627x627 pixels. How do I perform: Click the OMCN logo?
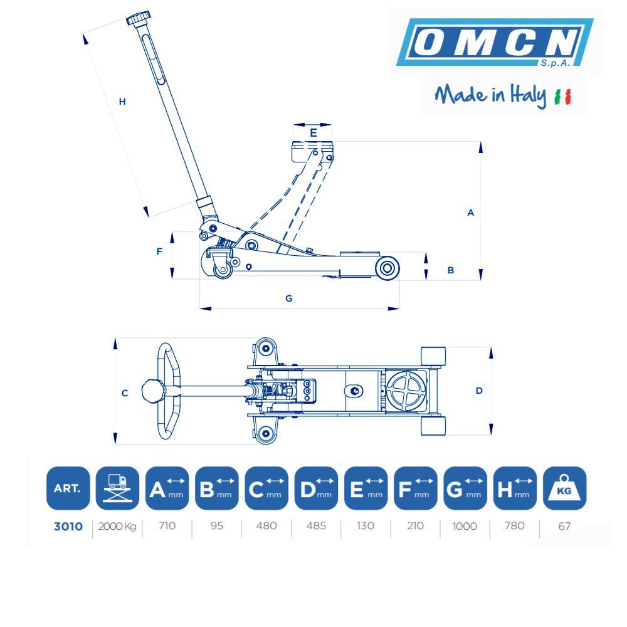click(x=495, y=42)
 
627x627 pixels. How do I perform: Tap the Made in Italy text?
click(x=490, y=95)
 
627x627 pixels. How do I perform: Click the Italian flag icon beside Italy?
click(x=562, y=97)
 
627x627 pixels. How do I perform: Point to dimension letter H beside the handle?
click(x=122, y=102)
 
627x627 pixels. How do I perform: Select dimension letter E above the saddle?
click(x=313, y=133)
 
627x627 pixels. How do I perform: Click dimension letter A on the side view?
click(x=471, y=213)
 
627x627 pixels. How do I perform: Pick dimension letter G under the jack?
click(x=288, y=298)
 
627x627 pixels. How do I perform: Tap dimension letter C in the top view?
click(x=125, y=394)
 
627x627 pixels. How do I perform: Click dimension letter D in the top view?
click(x=479, y=391)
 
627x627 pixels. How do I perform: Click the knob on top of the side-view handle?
click(x=139, y=18)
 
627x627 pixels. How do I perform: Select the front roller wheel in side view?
click(x=387, y=268)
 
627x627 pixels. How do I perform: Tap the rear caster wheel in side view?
click(x=223, y=268)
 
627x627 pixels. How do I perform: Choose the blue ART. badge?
click(x=68, y=488)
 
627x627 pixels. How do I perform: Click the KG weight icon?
click(x=565, y=488)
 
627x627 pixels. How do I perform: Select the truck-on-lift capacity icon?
click(x=118, y=488)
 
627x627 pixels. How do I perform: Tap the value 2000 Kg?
click(x=117, y=526)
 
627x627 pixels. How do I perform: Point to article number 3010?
click(x=68, y=526)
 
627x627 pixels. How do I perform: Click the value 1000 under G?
click(x=465, y=526)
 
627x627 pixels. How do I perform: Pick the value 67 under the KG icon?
click(x=564, y=526)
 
